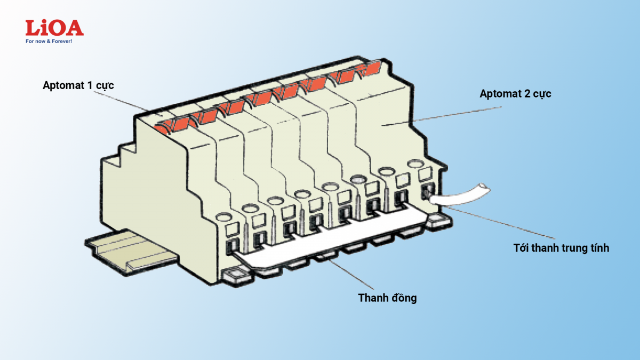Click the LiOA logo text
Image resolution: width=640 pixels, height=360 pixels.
54,28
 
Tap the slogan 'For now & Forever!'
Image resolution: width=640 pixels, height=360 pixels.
49,41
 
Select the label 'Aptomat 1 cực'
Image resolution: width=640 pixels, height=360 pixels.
78,85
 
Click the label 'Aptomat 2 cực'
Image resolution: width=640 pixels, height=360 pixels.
515,94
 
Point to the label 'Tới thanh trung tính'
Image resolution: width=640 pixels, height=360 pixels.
561,247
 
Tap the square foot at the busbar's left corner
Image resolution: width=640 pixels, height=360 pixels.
233,276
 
